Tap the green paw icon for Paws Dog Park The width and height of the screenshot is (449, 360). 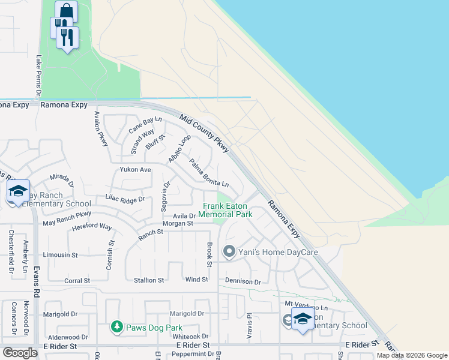(x=117, y=327)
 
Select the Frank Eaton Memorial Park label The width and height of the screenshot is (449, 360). (x=225, y=210)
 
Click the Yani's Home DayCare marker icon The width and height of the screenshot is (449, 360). (x=229, y=252)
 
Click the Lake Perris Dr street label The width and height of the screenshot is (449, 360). (x=38, y=76)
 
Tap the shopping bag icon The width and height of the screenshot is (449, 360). (x=66, y=11)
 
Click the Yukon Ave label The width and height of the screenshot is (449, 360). (x=135, y=170)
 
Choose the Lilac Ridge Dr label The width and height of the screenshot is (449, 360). (x=125, y=199)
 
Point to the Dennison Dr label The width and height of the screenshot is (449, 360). (x=243, y=281)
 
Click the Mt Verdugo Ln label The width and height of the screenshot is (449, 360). (x=306, y=307)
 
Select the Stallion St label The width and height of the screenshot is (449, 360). (x=148, y=280)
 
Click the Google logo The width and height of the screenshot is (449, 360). (x=20, y=353)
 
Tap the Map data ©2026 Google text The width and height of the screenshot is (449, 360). (x=412, y=355)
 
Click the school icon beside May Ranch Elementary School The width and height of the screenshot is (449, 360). (x=19, y=191)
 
